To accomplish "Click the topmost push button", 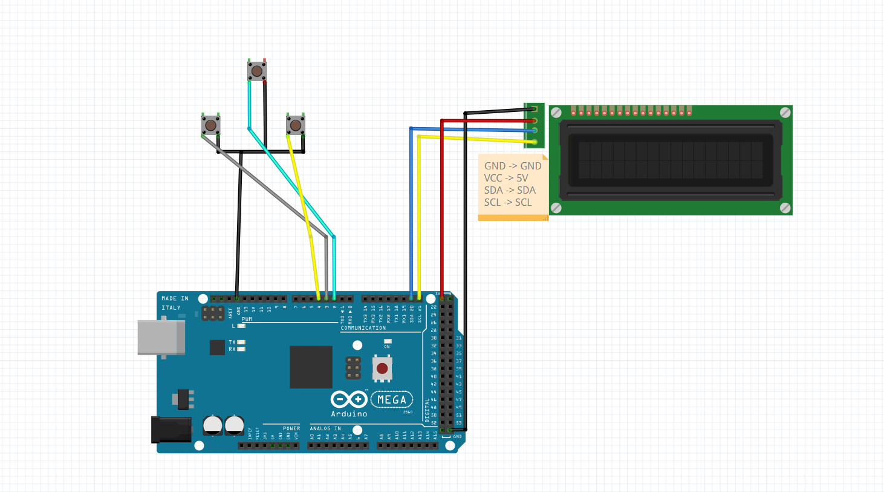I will pyautogui.click(x=257, y=71).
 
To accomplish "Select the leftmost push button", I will pyautogui.click(x=210, y=125).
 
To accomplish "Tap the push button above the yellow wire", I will pyautogui.click(x=295, y=125).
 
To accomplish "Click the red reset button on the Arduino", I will pyautogui.click(x=382, y=369).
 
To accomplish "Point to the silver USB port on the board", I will pyautogui.click(x=161, y=337).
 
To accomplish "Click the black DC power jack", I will pyautogui.click(x=171, y=429).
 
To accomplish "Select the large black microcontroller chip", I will pyautogui.click(x=311, y=367).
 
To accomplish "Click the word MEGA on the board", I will pyautogui.click(x=392, y=399).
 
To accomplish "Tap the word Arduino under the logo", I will pyautogui.click(x=349, y=414).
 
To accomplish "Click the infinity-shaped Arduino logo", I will pyautogui.click(x=349, y=399).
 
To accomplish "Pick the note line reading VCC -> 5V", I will pyautogui.click(x=506, y=178).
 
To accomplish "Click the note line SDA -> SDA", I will pyautogui.click(x=510, y=190).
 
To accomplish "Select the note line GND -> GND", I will pyautogui.click(x=513, y=166).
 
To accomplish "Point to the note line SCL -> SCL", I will pyautogui.click(x=508, y=202).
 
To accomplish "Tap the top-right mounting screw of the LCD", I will pyautogui.click(x=785, y=113).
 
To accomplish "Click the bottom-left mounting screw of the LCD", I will pyautogui.click(x=556, y=208).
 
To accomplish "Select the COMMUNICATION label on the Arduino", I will pyautogui.click(x=363, y=328).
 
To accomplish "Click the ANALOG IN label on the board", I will pyautogui.click(x=325, y=428).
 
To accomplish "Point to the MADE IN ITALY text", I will pyautogui.click(x=174, y=303).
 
